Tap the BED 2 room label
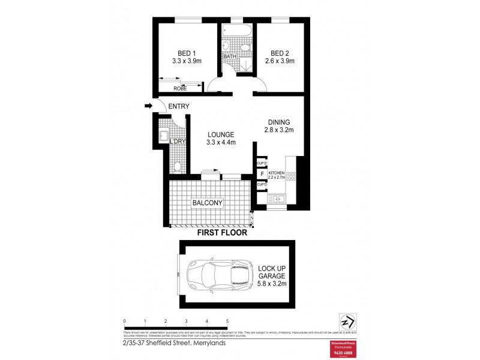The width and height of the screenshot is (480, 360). pyautogui.click(x=279, y=52)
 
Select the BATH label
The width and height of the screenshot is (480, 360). pyautogui.click(x=230, y=57)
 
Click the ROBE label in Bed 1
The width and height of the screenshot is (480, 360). pyautogui.click(x=180, y=88)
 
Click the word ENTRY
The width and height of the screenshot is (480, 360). pyautogui.click(x=179, y=107)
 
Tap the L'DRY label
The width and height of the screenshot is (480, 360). pyautogui.click(x=176, y=142)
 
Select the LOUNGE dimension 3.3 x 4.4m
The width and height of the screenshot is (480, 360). pyautogui.click(x=221, y=142)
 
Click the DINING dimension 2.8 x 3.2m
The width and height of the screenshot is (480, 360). pyautogui.click(x=279, y=130)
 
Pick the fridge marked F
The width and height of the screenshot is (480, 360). pyautogui.click(x=262, y=174)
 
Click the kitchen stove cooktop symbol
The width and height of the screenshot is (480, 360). pyautogui.click(x=292, y=176)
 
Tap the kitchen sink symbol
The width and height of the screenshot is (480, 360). pyautogui.click(x=279, y=199)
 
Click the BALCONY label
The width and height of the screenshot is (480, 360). pyautogui.click(x=208, y=203)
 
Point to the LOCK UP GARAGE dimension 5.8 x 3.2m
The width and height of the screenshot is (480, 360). pyautogui.click(x=272, y=284)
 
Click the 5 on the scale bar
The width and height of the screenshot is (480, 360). pyautogui.click(x=227, y=322)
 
